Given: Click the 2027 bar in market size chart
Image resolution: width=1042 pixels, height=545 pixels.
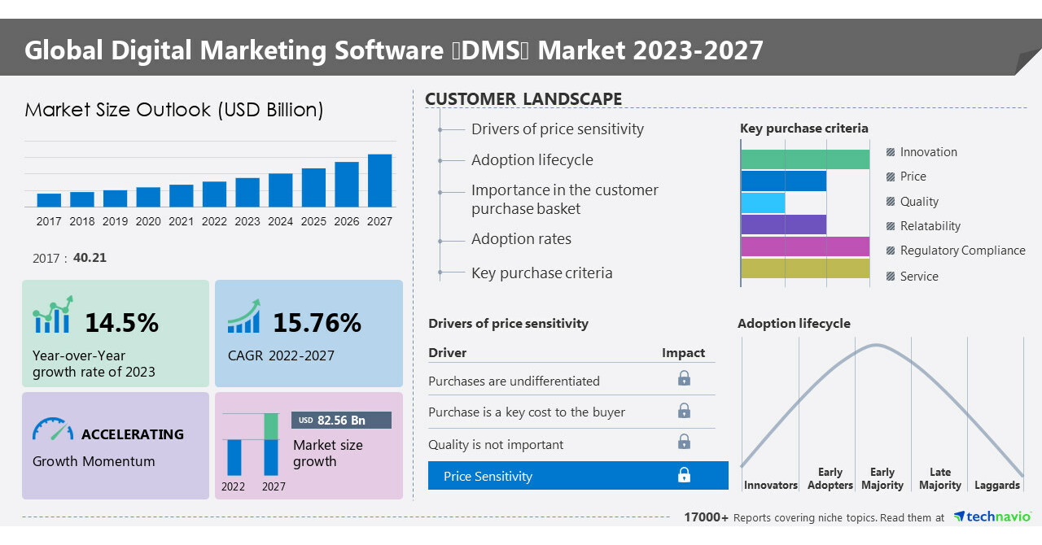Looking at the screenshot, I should click(x=379, y=181).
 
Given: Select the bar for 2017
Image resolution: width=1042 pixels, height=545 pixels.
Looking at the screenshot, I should click(x=49, y=200).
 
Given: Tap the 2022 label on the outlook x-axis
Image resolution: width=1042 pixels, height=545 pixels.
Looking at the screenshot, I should click(x=214, y=221).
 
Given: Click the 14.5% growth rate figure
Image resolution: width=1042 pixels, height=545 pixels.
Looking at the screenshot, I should click(x=122, y=323).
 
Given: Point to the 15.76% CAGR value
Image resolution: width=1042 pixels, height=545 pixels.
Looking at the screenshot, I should click(x=317, y=323).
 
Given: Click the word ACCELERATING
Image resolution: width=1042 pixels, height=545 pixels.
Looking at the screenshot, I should click(x=133, y=434).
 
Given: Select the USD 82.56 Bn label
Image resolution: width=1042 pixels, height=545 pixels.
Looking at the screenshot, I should click(x=341, y=421).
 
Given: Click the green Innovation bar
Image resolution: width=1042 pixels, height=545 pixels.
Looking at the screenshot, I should click(x=805, y=159).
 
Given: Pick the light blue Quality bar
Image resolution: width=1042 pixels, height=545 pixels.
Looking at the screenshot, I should click(x=763, y=203).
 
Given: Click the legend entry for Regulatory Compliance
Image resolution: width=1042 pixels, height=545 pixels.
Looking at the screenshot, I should click(x=962, y=251).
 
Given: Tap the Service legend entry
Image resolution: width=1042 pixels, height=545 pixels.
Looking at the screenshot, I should click(x=919, y=277).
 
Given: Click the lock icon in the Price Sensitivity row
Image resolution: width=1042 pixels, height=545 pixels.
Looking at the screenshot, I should click(x=684, y=475).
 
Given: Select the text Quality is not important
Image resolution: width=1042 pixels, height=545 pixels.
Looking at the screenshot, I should click(x=496, y=444).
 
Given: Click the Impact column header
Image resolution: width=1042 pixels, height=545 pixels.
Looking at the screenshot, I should click(x=683, y=353).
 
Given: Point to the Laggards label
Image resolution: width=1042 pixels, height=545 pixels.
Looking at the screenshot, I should click(x=996, y=486).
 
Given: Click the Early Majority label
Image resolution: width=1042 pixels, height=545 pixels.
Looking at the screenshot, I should click(x=882, y=479).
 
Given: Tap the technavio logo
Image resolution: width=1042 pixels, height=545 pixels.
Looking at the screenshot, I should click(x=992, y=517).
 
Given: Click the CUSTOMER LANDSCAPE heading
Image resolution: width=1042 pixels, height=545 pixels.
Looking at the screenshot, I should click(x=523, y=99).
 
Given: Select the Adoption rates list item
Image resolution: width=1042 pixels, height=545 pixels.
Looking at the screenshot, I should click(x=521, y=239).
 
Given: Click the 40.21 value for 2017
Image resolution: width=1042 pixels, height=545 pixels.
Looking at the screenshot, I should click(x=90, y=258).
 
